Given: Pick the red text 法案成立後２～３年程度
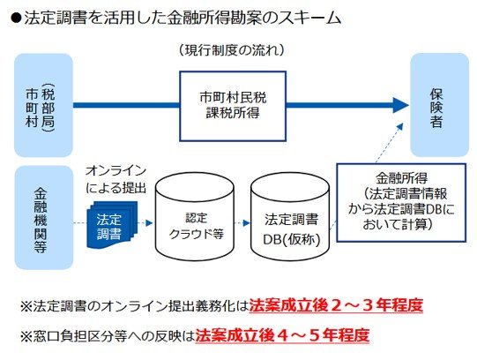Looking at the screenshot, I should click(334, 306).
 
